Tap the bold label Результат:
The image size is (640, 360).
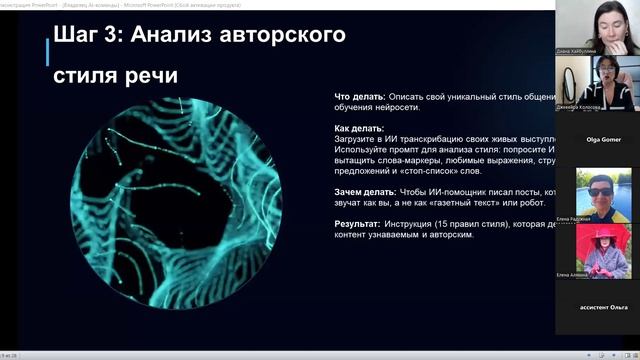coord(357,224)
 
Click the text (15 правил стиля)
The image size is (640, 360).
coord(451,224)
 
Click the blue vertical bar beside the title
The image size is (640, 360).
coord(46,55)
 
